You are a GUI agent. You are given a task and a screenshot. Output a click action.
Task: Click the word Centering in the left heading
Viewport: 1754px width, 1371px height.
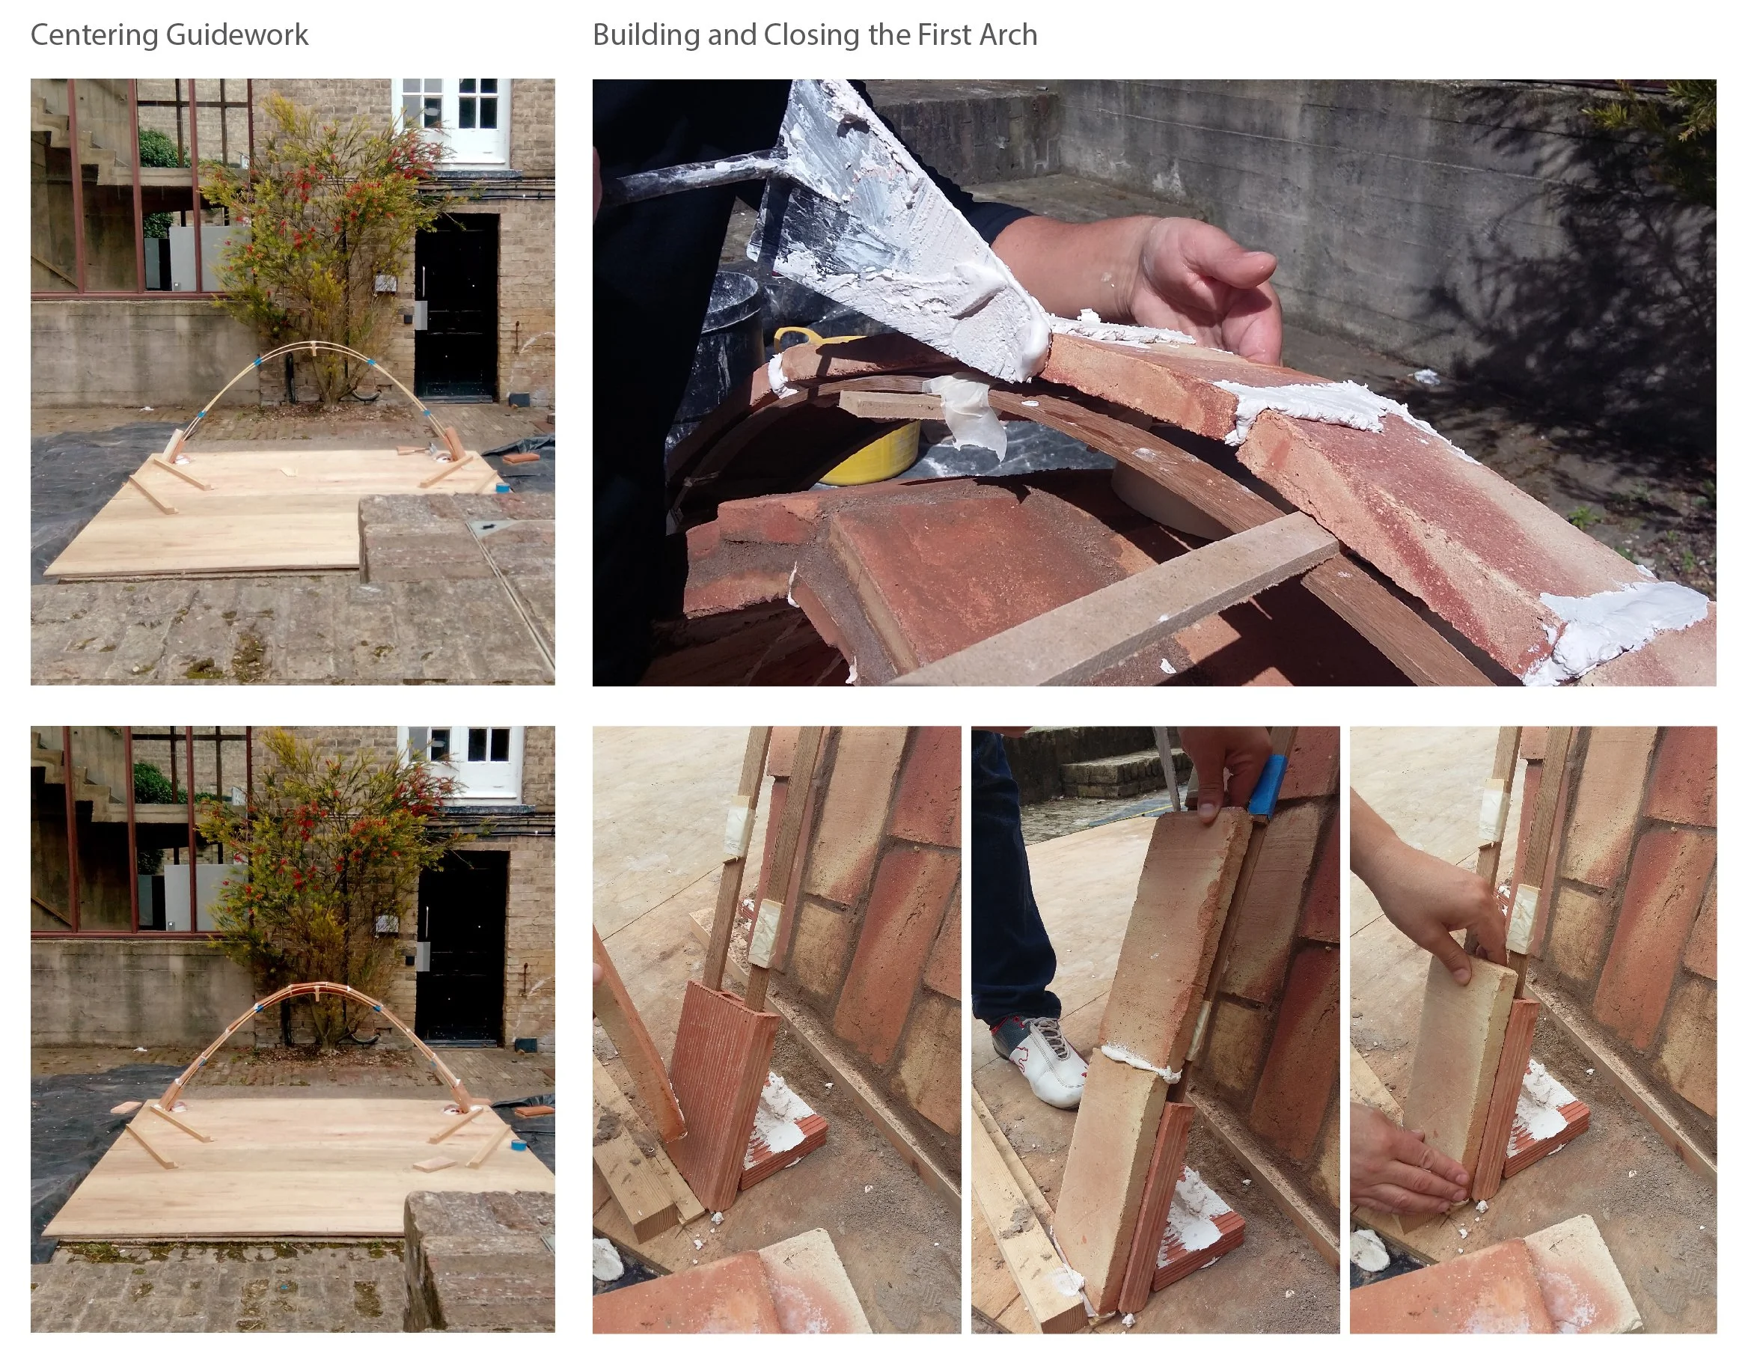94,35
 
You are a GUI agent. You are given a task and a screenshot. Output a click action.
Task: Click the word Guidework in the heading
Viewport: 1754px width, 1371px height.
238,35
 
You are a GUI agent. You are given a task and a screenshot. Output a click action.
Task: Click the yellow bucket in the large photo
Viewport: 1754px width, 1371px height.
859,434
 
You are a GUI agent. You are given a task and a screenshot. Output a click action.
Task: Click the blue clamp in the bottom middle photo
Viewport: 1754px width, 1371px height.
1268,790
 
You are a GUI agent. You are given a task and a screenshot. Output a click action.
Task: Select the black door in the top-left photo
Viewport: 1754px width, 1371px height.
456,307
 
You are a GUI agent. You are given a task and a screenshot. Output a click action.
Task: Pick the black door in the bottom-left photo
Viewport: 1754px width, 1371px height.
462,947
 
